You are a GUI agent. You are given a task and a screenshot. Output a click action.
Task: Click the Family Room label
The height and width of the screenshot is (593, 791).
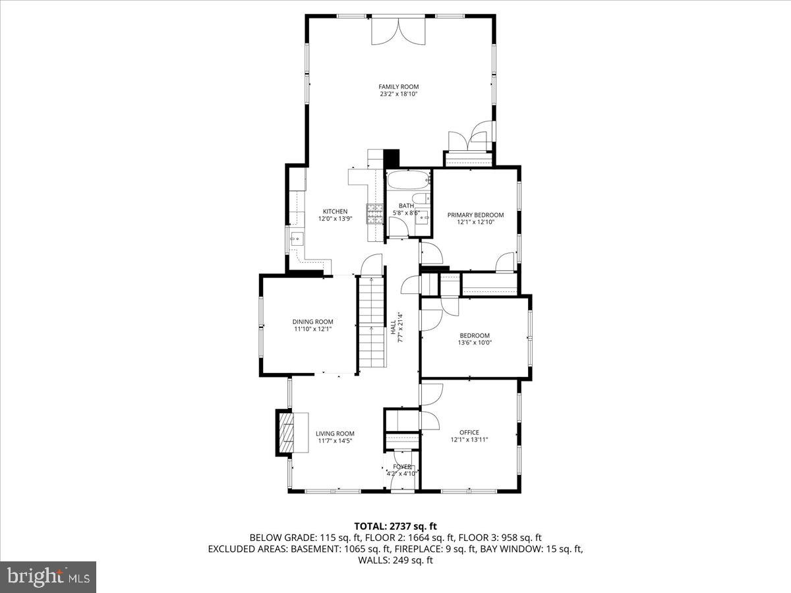coord(398,87)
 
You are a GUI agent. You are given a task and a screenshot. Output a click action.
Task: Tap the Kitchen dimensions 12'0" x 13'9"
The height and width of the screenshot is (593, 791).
coord(335,219)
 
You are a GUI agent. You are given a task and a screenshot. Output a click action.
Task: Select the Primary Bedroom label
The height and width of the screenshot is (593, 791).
coord(475,215)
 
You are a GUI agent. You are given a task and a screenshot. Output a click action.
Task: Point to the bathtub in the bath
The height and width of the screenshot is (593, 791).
coord(407,181)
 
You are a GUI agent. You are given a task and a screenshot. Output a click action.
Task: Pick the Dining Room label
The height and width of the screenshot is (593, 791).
coord(312,322)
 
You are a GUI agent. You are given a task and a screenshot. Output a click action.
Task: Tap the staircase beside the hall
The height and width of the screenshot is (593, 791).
coord(371,323)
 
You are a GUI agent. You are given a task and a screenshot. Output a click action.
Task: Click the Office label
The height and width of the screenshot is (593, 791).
coord(469,432)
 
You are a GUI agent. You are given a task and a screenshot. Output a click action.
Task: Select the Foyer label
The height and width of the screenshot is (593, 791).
coord(402,466)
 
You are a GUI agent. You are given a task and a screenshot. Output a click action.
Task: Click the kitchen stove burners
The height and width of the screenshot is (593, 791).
coord(375,212)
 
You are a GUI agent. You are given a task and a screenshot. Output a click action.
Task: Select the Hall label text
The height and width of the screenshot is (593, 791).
coord(393,326)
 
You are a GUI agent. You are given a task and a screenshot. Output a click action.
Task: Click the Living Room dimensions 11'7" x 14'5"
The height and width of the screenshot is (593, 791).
coord(336,441)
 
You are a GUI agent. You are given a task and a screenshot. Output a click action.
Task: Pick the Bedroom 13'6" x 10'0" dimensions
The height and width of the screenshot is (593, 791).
coord(475,343)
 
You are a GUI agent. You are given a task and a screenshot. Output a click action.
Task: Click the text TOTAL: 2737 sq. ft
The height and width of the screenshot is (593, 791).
coord(395,526)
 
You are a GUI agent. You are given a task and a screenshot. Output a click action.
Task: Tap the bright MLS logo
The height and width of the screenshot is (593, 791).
coord(48,577)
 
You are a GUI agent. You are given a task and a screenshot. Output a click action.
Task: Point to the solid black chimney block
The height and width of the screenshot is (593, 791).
coord(392,158)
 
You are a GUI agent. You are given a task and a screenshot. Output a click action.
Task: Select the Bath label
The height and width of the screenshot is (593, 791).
coord(406,206)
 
